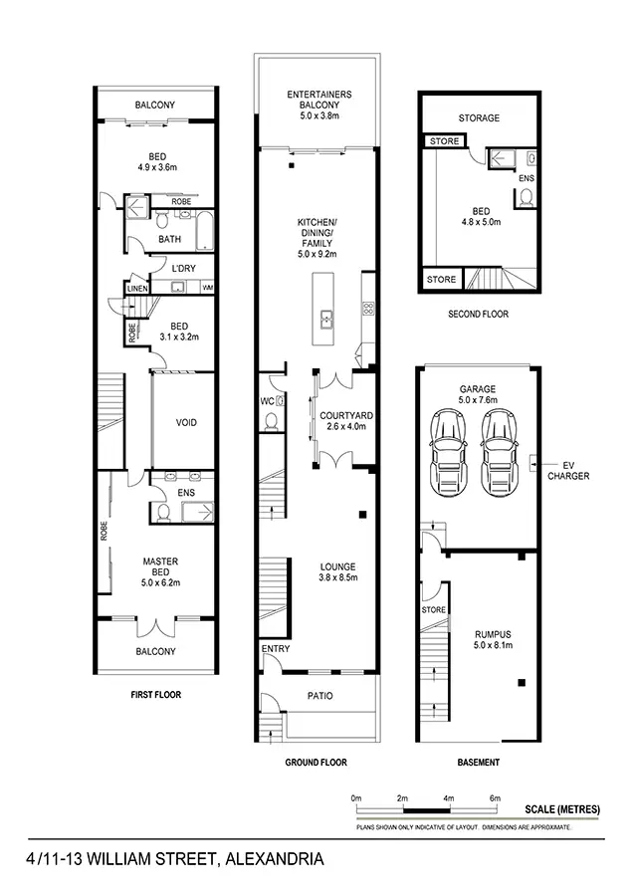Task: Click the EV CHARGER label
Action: click(x=568, y=470)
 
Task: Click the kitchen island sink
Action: click(x=325, y=319)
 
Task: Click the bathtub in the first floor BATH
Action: click(x=202, y=230)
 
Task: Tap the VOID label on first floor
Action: click(x=186, y=422)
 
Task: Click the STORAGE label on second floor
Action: click(x=479, y=117)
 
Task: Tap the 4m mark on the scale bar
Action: click(x=448, y=798)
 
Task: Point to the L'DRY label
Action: click(x=182, y=270)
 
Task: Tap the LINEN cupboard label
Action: click(x=136, y=289)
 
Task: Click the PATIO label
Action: click(x=319, y=696)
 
